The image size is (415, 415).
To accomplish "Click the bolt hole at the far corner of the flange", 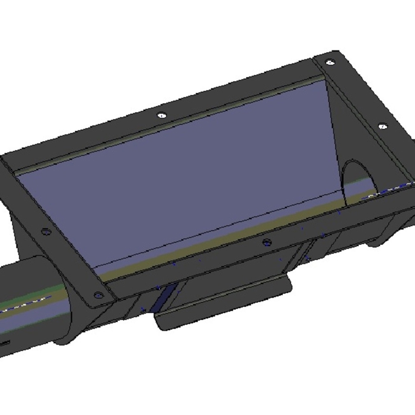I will click(x=328, y=61).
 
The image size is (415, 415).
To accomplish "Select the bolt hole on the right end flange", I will click(x=382, y=126).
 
